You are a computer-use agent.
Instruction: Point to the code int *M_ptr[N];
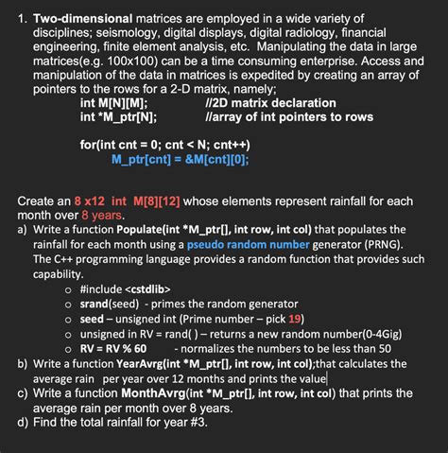pyautogui.click(x=119, y=116)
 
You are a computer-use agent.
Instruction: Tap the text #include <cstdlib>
pyautogui.click(x=126, y=287)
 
